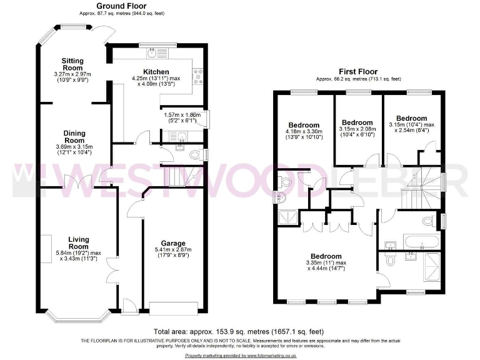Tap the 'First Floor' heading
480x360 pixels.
(358, 71)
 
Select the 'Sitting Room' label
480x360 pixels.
(72, 64)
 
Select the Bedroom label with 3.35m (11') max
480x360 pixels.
(326, 256)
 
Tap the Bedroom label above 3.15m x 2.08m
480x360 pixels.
(357, 122)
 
